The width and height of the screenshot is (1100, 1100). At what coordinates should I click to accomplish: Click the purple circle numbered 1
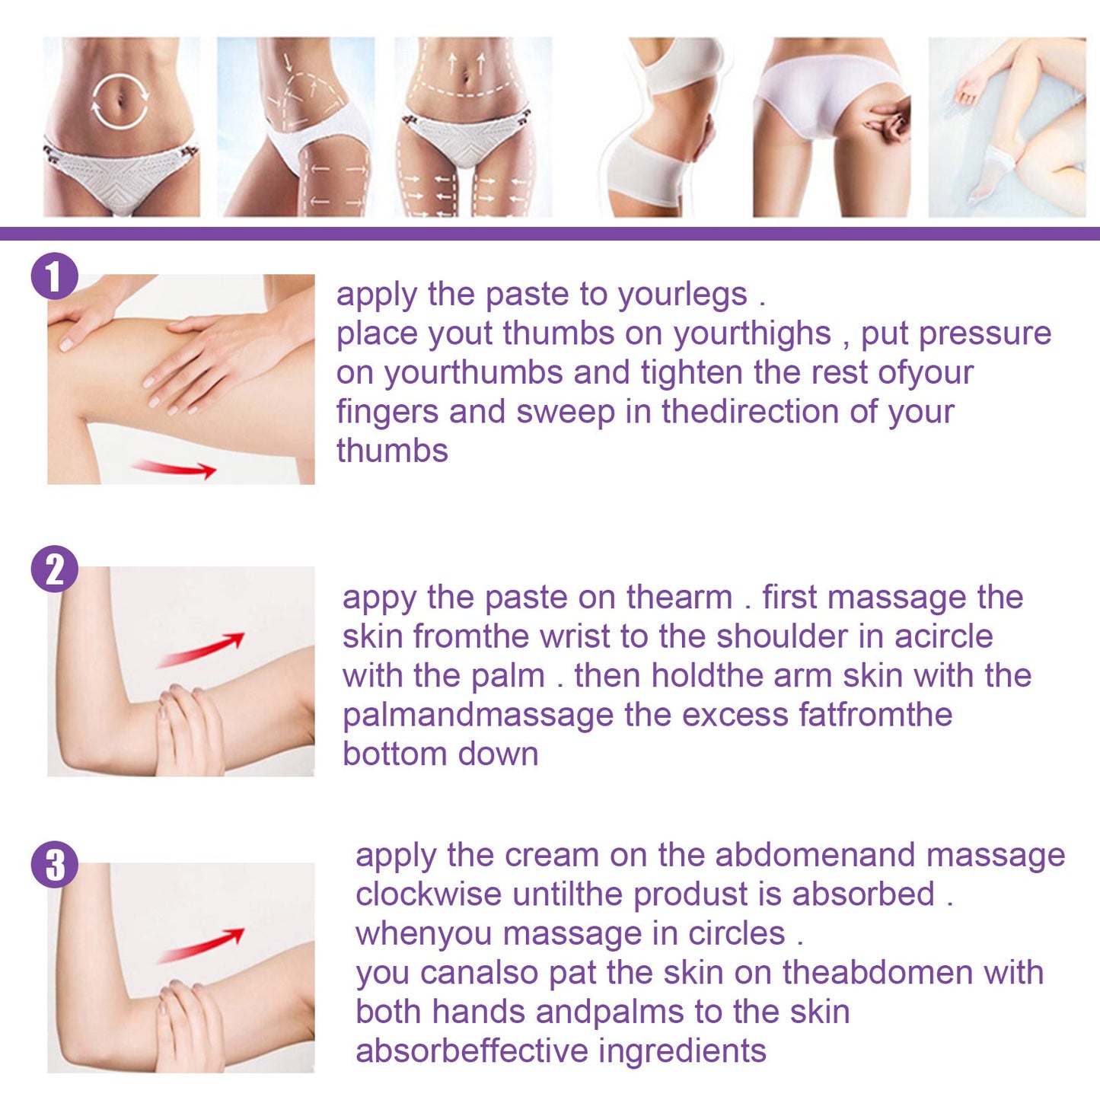click(x=54, y=276)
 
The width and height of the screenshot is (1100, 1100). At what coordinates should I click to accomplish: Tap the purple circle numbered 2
click(x=54, y=569)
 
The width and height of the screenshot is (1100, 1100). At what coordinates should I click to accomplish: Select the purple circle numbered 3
click(x=54, y=864)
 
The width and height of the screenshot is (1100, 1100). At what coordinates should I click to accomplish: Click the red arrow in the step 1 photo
click(x=174, y=467)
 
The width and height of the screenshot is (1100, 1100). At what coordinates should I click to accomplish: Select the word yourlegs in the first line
click(x=683, y=295)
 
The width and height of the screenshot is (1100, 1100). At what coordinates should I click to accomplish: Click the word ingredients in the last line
click(x=682, y=1051)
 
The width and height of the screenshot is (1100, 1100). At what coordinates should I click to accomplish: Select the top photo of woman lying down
click(x=1006, y=127)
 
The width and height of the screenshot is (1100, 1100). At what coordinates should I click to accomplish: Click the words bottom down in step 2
click(x=440, y=754)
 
